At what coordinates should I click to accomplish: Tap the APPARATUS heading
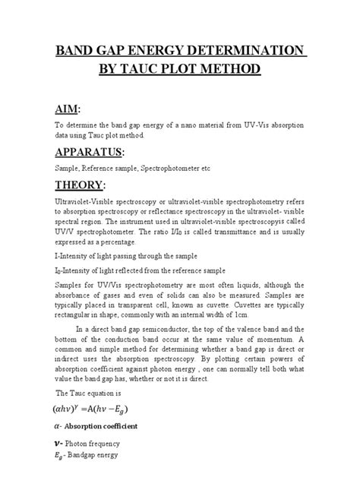90,152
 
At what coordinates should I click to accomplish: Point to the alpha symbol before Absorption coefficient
56,427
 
